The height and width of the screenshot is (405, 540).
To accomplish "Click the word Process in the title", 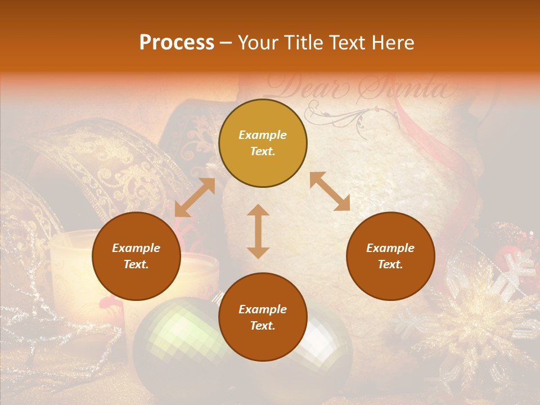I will [x=177, y=43].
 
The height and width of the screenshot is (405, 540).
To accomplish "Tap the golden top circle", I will [x=263, y=143].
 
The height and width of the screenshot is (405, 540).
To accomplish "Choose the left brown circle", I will [x=136, y=256].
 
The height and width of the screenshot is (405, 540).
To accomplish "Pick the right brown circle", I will [x=390, y=256].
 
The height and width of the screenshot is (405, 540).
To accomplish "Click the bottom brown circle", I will [x=263, y=317].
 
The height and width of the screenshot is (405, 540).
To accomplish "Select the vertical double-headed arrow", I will [x=258, y=231].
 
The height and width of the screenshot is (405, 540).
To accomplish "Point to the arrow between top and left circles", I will [x=195, y=197].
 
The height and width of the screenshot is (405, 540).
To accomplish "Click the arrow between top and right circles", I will [x=330, y=191].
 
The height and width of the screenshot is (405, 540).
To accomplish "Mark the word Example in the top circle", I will [x=263, y=135].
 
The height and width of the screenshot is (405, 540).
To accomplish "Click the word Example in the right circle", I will [x=390, y=248].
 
